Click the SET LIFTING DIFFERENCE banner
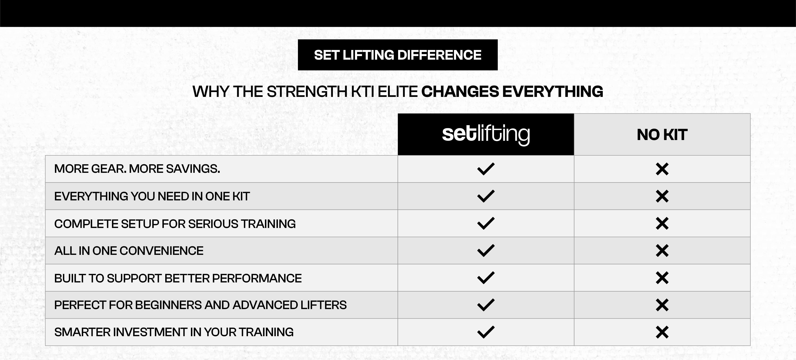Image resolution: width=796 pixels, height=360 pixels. pos(398,55)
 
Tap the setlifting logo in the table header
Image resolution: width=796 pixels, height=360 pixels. pos(486,134)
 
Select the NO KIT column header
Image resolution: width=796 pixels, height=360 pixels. pos(662,135)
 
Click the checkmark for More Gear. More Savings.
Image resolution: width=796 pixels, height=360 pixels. pos(486,169)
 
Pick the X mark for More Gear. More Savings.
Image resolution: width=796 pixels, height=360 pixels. pos(662,169)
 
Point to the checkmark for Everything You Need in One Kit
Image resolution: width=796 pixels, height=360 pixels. pos(486,196)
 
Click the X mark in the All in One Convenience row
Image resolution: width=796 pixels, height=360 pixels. pos(662,251)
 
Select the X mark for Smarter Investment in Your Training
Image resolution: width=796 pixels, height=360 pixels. pos(662,332)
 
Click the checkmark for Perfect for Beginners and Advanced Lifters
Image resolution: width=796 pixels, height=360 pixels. pos(486,305)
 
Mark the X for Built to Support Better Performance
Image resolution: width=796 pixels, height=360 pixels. pos(662,278)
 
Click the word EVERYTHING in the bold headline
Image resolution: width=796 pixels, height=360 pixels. pos(553,92)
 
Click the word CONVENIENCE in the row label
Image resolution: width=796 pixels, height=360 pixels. pos(161,251)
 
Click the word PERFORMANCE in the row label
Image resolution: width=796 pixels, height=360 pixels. pos(257,278)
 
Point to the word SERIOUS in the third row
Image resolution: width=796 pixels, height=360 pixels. pos(213,224)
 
